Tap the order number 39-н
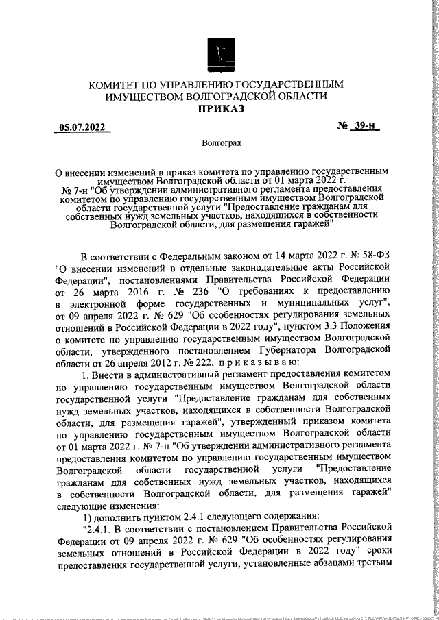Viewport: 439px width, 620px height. (368, 127)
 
